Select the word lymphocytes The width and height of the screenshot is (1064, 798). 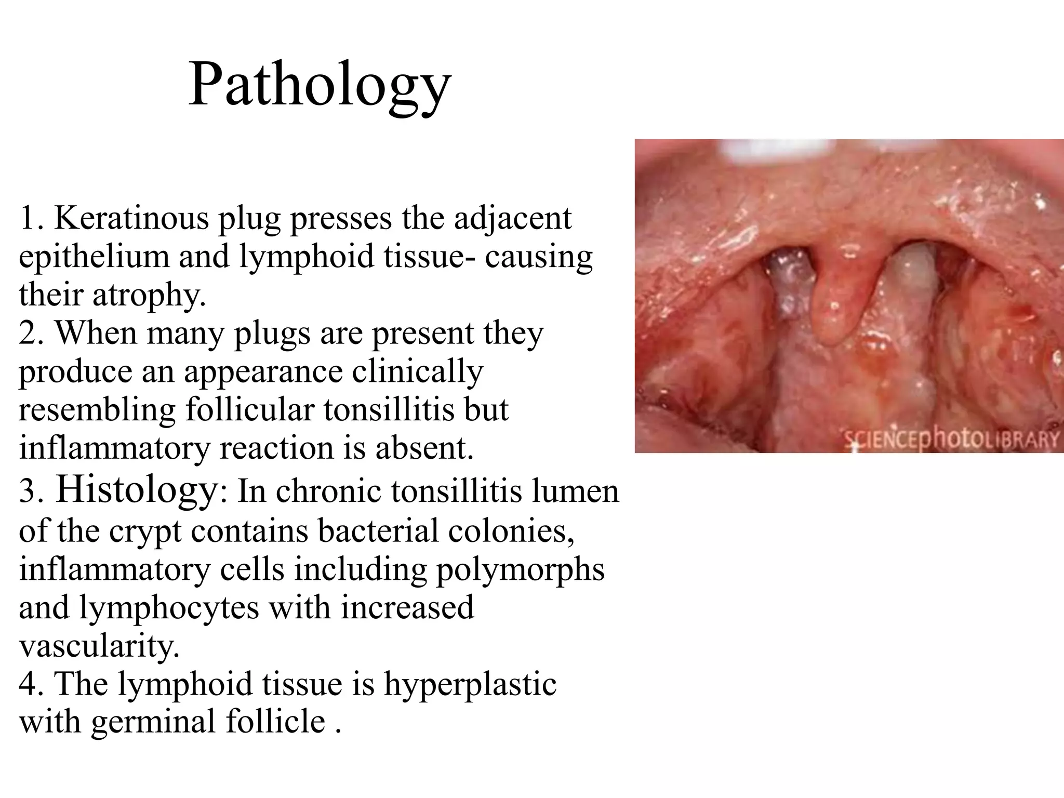point(168,608)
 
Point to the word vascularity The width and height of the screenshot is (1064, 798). point(99,646)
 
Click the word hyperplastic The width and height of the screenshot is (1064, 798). point(470,685)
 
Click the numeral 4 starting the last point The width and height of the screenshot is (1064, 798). point(28,685)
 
